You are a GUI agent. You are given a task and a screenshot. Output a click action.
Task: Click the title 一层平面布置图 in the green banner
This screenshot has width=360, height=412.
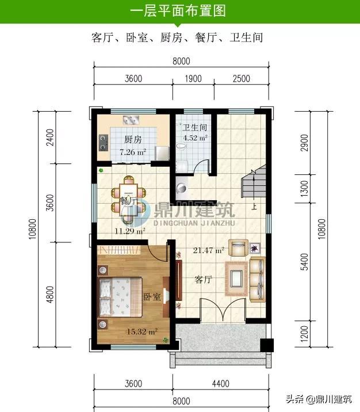coord(178,11)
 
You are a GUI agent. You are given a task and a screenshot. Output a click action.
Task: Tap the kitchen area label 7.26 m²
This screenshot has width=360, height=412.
coord(133,152)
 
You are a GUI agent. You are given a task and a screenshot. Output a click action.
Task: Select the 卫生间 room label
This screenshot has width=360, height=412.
coord(195,127)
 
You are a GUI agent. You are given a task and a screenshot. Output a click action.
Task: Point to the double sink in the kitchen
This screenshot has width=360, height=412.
coord(131,120)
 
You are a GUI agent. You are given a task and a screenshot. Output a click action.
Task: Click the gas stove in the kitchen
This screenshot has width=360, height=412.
coord(104,143)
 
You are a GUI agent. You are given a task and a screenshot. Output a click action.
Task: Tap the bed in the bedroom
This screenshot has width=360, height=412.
coord(121,297)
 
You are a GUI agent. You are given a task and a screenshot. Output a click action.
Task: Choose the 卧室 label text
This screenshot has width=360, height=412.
coord(152,297)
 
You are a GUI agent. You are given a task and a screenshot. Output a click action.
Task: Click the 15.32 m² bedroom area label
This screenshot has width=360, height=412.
coord(142,331)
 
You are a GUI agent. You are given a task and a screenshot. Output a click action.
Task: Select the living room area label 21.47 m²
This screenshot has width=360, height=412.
coord(209,250)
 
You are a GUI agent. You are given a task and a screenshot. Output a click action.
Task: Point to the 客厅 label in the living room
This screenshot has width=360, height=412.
coord(203,279)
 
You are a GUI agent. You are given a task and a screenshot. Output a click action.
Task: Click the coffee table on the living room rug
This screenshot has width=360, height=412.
coord(236,279)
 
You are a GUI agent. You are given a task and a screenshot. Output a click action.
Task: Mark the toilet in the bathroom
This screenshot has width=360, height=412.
coord(181,146)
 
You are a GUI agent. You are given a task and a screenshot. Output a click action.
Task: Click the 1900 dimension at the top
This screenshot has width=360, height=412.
coord(193,79)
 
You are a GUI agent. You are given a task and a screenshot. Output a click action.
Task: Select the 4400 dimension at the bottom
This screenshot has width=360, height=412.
coord(221,384)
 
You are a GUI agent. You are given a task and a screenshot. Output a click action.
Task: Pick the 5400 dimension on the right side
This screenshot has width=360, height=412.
coord(305,262)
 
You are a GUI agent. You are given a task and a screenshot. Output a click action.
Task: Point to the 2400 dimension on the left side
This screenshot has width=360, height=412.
coord(49,138)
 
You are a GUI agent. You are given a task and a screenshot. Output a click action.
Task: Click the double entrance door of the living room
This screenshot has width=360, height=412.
coord(223,310)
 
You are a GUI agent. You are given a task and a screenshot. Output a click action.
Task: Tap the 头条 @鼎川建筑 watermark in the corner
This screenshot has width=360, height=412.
coord(319,399)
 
